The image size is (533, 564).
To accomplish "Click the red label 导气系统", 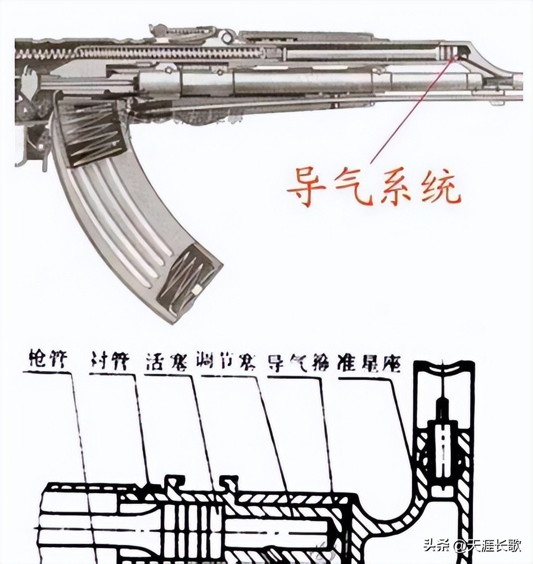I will point(373,186).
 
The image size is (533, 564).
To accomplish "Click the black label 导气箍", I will point(298,362).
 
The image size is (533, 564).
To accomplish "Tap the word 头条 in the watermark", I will point(433,545).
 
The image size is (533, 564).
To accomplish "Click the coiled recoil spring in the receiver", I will point(141,53).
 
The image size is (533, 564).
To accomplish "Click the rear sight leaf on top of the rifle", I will point(186,33).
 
